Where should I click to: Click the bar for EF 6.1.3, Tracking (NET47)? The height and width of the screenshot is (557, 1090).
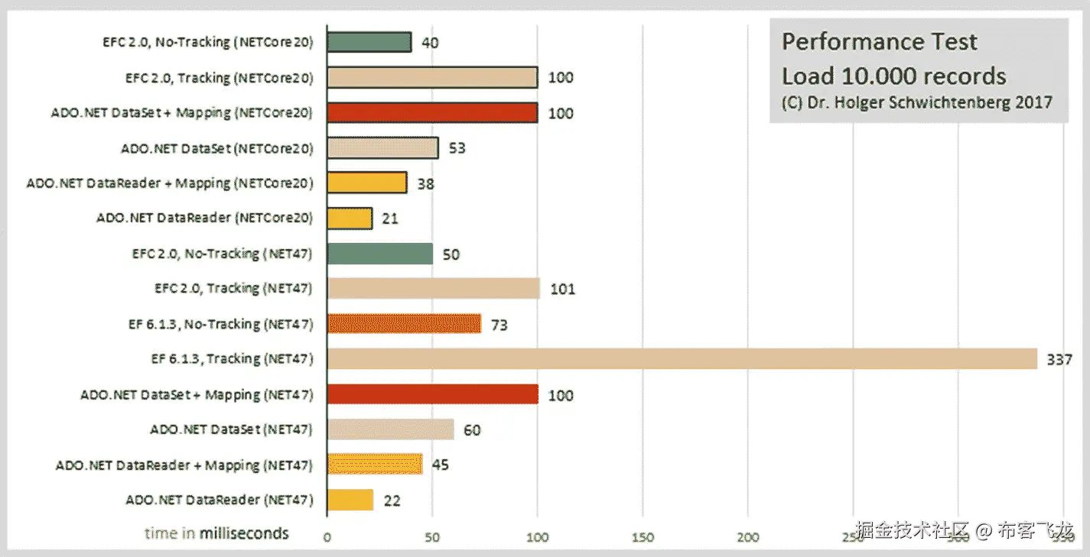(x=681, y=359)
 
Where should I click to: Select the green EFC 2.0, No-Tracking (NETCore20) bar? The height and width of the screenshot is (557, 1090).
(x=369, y=42)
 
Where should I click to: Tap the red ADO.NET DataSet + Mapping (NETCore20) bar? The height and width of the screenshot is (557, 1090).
(x=432, y=112)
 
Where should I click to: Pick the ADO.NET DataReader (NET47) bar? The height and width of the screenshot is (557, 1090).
(x=350, y=500)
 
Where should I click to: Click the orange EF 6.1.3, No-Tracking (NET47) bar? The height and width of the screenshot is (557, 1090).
(x=404, y=324)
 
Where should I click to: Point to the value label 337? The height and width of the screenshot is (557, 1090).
(x=1059, y=359)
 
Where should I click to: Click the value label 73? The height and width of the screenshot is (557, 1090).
(x=499, y=325)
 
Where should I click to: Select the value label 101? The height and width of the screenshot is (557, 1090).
(x=562, y=289)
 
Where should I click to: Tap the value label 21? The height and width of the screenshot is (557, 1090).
(x=391, y=219)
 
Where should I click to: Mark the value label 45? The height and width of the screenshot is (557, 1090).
(x=440, y=465)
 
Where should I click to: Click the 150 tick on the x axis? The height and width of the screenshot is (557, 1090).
(x=643, y=537)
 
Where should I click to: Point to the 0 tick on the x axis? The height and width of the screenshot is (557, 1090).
(x=327, y=537)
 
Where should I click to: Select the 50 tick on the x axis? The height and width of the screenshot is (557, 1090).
(x=432, y=537)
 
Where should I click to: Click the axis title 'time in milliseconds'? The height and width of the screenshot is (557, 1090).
(x=216, y=533)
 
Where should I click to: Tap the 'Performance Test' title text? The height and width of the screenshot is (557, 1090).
(x=879, y=42)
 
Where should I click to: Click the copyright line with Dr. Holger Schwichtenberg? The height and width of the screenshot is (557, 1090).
(x=916, y=102)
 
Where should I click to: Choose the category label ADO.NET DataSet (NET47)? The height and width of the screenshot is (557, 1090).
(x=231, y=429)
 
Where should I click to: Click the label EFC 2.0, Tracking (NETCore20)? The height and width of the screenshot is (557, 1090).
(x=220, y=77)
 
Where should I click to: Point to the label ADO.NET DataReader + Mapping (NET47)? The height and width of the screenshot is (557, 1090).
(x=184, y=465)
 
